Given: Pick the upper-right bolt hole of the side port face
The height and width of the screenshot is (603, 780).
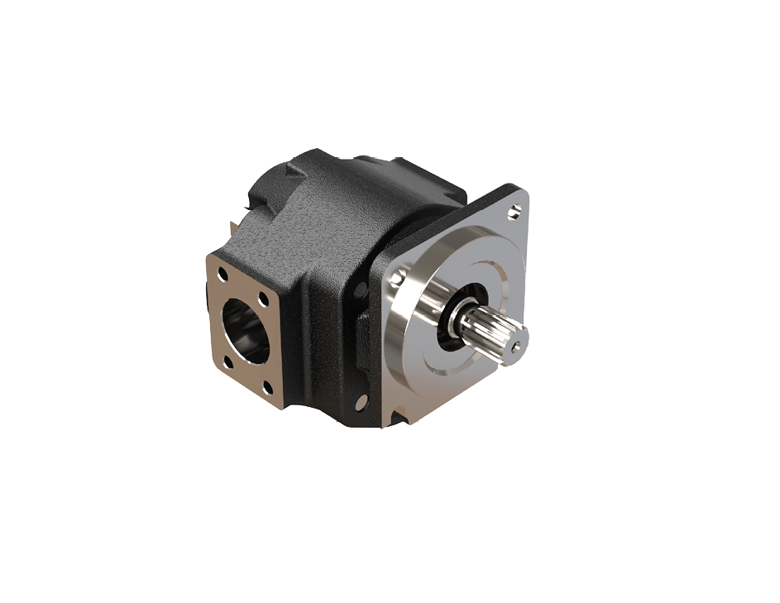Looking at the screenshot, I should click(264, 299).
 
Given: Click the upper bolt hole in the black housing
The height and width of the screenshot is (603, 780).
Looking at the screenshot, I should click(361, 290).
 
